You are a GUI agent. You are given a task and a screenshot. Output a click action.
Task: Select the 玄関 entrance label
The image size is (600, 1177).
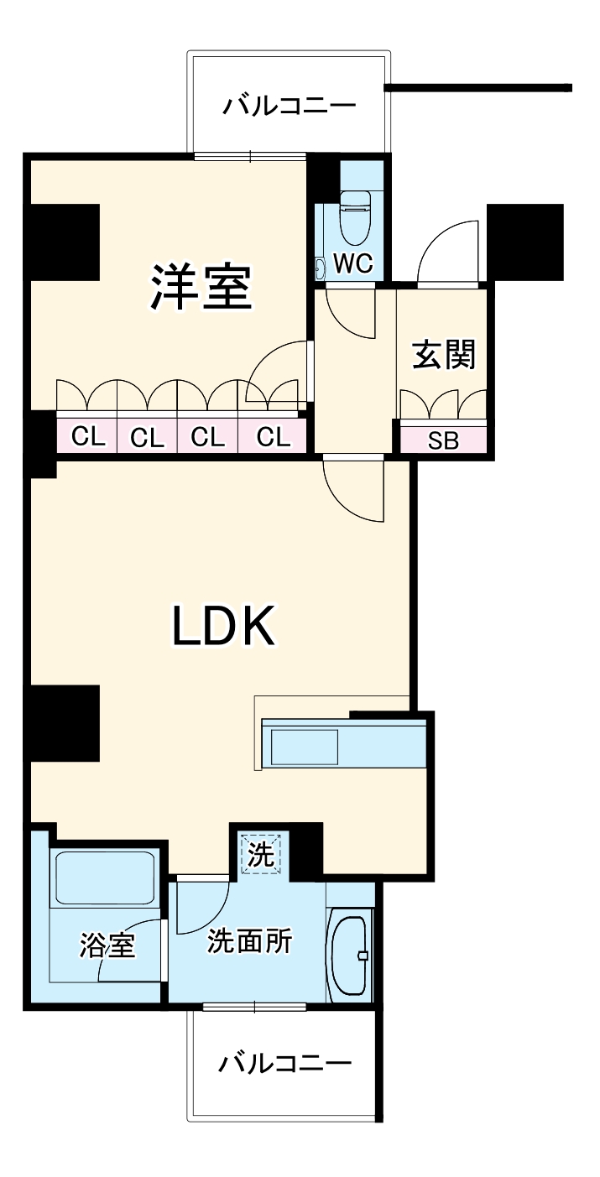point(444,355)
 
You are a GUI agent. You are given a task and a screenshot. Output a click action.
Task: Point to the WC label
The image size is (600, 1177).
point(353,263)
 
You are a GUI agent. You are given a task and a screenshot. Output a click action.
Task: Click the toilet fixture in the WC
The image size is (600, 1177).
point(355,217)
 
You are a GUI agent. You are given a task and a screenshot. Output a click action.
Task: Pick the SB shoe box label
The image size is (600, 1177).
point(443,440)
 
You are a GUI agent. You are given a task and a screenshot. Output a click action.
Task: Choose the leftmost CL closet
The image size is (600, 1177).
point(87,436)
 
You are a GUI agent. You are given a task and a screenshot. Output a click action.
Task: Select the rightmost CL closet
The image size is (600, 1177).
point(273,436)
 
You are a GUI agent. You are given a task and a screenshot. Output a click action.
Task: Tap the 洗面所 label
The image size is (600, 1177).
point(249,940)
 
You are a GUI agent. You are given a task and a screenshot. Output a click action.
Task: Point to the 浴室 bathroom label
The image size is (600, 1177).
point(107,945)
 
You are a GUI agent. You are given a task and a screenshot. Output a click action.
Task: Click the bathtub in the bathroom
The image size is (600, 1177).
point(105,878)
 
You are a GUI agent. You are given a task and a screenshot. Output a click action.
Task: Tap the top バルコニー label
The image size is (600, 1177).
point(290,106)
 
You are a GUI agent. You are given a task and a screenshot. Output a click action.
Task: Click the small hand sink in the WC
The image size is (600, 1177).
point(320,268)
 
